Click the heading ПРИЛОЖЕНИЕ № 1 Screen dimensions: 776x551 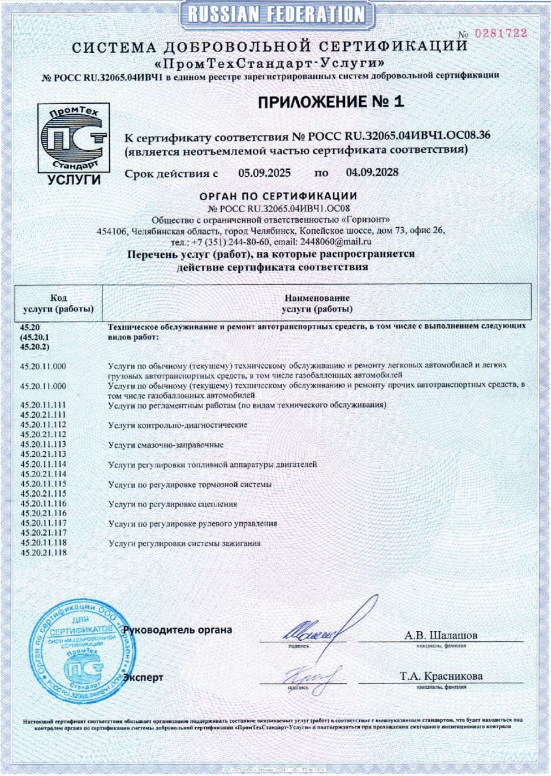(x=330, y=101)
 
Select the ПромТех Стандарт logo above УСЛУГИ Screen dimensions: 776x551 (x=73, y=137)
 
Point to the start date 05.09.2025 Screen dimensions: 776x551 (x=264, y=173)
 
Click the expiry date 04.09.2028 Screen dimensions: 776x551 (x=372, y=172)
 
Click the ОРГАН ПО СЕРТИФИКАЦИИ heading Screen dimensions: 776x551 (x=278, y=196)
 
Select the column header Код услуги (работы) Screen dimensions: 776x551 (x=58, y=304)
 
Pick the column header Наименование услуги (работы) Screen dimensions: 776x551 (x=317, y=304)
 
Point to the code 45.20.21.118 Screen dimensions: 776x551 (x=43, y=553)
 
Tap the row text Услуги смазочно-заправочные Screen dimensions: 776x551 (x=166, y=445)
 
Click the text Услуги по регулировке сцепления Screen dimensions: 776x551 (x=172, y=504)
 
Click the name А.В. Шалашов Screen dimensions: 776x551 (x=441, y=635)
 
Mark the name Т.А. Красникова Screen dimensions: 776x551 (x=441, y=676)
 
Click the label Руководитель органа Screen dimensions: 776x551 (x=177, y=630)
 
